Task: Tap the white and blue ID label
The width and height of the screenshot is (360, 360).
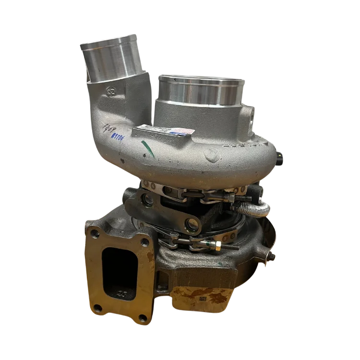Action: coord(159,131)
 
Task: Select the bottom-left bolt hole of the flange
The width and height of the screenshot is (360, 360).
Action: coord(98,308)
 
